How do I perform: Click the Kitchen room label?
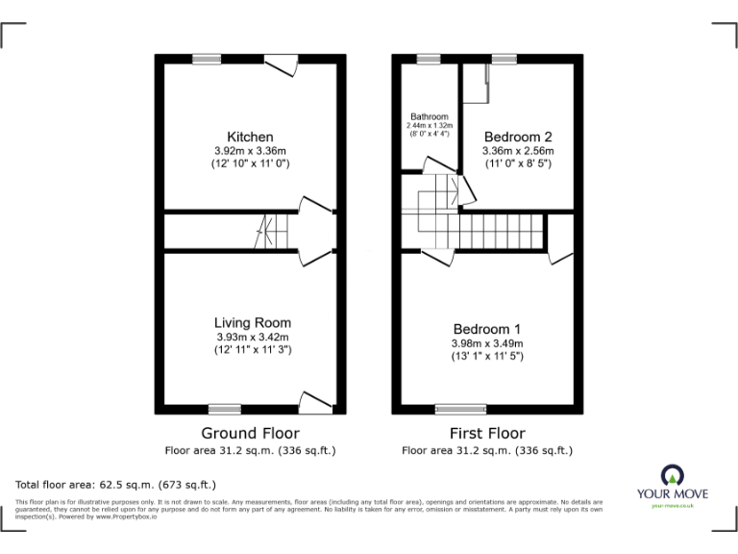[250, 137]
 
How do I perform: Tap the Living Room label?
[252, 322]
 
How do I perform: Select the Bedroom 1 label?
[487, 329]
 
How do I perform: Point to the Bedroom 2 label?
[519, 137]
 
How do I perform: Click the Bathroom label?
[429, 117]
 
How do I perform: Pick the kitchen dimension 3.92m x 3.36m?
[250, 151]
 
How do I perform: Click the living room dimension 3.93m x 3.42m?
[252, 337]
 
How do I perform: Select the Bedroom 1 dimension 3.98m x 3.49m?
[487, 343]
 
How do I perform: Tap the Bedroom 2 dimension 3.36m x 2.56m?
[519, 151]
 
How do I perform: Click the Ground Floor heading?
[250, 433]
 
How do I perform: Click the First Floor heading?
[487, 433]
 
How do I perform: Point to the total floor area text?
[116, 485]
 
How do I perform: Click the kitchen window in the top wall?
[206, 59]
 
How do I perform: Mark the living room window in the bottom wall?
[225, 409]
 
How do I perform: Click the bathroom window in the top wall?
[428, 59]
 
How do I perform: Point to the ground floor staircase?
[270, 232]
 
